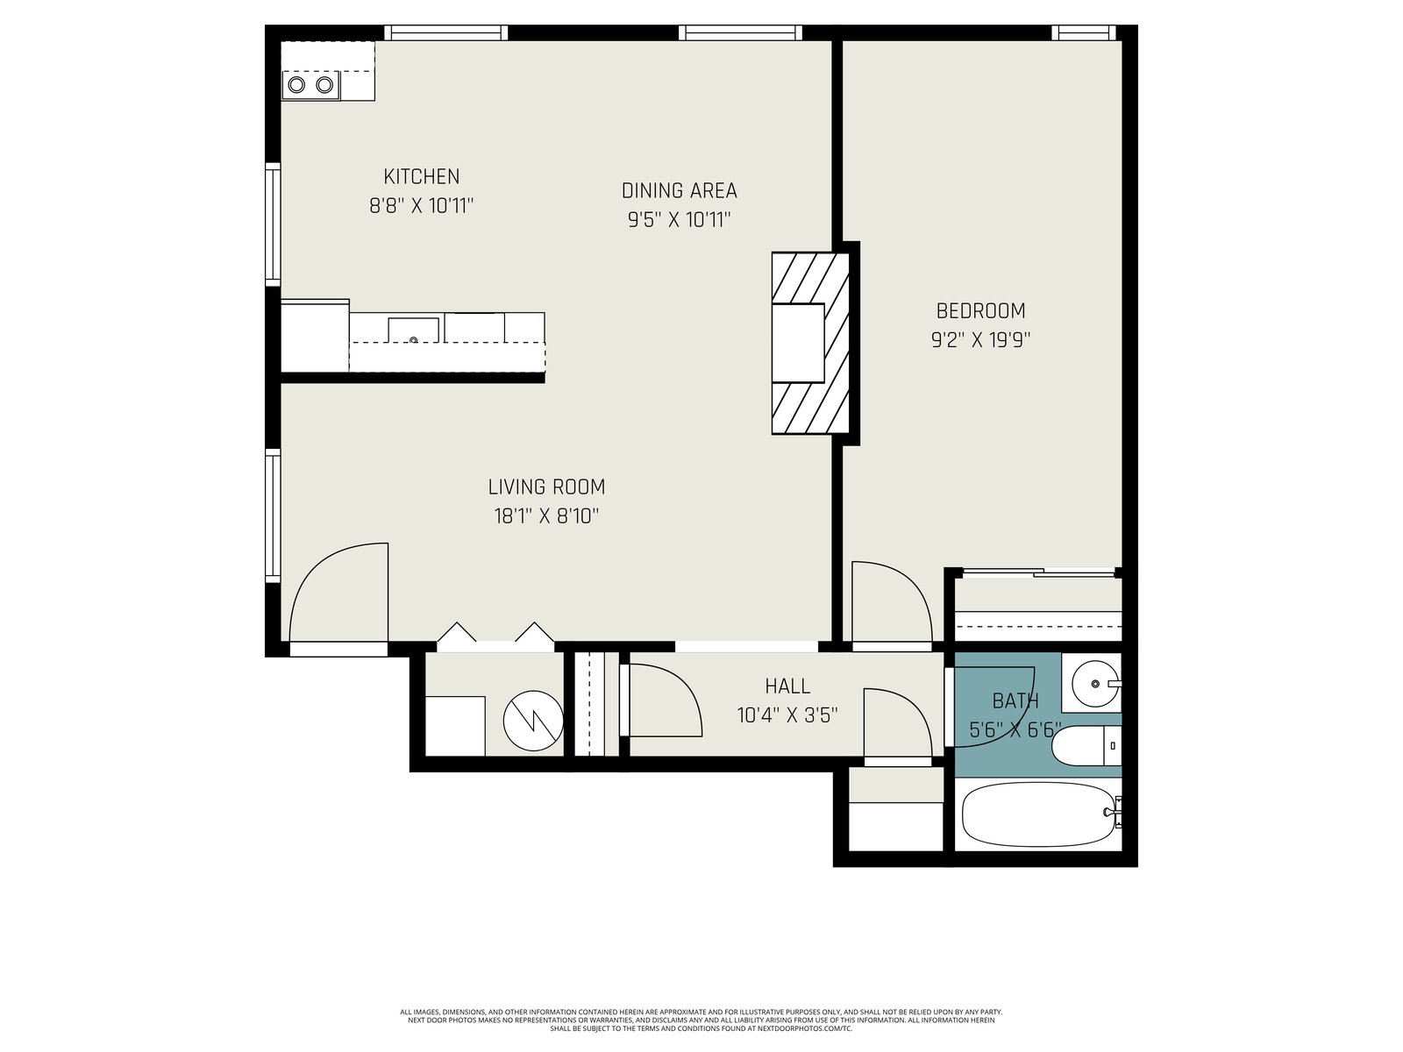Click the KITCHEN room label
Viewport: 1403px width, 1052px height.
[421, 176]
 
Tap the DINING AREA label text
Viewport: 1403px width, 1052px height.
[679, 190]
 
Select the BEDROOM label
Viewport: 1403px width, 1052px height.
[980, 311]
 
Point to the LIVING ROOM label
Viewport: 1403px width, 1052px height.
[546, 487]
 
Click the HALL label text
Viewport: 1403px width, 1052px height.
[787, 686]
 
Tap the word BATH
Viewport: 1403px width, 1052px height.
[1015, 701]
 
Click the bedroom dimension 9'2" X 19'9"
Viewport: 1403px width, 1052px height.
[980, 340]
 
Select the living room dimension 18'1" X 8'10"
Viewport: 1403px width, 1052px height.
[546, 515]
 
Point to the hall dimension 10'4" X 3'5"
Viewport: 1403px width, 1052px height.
[787, 714]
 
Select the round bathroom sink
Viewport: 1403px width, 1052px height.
[1095, 684]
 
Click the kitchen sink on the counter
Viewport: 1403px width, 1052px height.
[414, 331]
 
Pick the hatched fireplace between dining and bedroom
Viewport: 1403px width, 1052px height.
[810, 344]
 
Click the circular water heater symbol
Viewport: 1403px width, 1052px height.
[533, 721]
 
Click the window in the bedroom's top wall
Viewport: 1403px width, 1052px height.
[1084, 32]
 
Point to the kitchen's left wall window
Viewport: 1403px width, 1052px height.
[273, 224]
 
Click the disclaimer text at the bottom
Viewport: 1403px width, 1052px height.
[701, 1020]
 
